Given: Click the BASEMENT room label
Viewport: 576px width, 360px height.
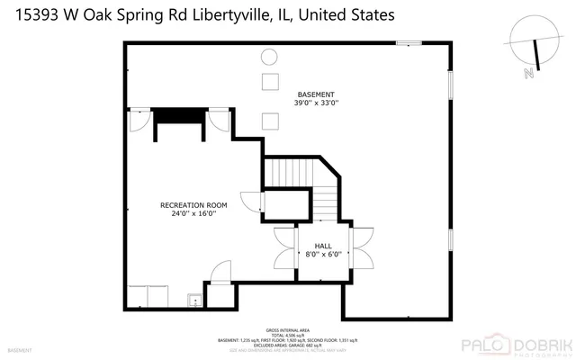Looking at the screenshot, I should click(x=316, y=94).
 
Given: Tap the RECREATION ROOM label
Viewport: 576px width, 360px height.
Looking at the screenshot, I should click(x=193, y=205).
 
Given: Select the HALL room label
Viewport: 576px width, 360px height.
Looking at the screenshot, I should click(x=323, y=246).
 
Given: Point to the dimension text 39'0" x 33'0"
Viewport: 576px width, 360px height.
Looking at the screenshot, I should click(x=316, y=103).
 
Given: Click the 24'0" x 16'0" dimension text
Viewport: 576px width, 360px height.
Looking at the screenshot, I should click(x=193, y=214).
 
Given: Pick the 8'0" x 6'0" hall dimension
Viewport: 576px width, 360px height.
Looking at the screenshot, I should click(x=323, y=255).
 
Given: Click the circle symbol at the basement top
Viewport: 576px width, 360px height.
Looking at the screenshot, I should click(x=268, y=58).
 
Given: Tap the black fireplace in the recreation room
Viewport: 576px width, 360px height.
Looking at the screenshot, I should click(x=179, y=121).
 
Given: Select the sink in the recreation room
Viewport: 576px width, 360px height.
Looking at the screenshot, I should click(x=192, y=301).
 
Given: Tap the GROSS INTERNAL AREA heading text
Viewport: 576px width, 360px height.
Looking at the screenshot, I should click(x=287, y=330).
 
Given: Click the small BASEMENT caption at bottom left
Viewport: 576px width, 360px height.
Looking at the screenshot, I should click(x=19, y=349).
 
